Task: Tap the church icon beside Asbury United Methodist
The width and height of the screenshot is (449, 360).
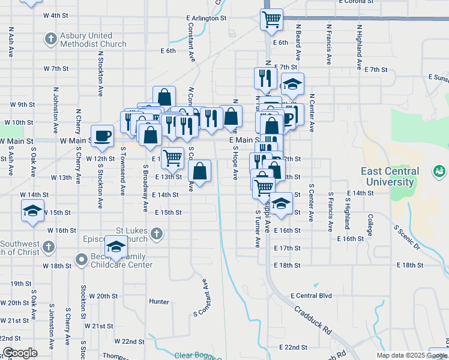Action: (x=50, y=40)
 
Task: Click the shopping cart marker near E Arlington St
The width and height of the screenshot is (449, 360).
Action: (x=271, y=19)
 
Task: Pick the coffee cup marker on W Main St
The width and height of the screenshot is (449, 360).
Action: (x=101, y=136)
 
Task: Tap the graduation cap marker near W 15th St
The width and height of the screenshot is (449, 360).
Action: (x=32, y=211)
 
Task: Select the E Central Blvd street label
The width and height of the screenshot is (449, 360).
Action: (x=311, y=296)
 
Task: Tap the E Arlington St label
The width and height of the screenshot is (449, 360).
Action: (x=206, y=19)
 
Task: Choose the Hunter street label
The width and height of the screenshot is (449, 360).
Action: (x=159, y=302)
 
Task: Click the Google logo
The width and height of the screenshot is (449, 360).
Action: (x=20, y=353)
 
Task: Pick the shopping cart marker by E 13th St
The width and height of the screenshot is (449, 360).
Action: (x=172, y=158)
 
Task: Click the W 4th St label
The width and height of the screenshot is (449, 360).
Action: (x=56, y=15)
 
